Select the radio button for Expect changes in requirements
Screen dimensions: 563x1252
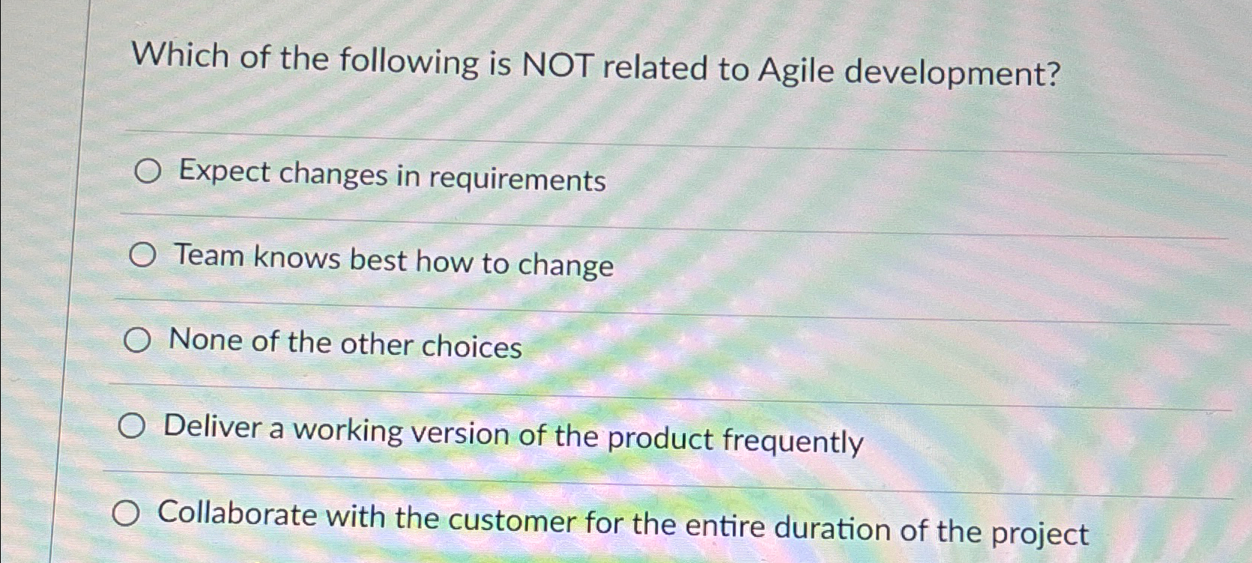[148, 173]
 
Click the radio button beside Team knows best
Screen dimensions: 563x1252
[142, 257]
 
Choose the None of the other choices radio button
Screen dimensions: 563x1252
[137, 342]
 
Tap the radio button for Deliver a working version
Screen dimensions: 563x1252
[131, 427]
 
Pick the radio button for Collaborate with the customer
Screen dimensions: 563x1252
[126, 514]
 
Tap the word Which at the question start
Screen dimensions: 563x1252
[180, 56]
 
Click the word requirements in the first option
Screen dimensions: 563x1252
[517, 180]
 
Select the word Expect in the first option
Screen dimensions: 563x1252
[224, 172]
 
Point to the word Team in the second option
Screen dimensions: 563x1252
[209, 256]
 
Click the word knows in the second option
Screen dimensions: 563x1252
[297, 258]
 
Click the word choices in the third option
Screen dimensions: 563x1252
[471, 347]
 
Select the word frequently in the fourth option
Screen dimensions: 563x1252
[792, 441]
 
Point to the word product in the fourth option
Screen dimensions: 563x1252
[659, 438]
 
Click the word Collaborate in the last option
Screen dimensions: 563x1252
[238, 515]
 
